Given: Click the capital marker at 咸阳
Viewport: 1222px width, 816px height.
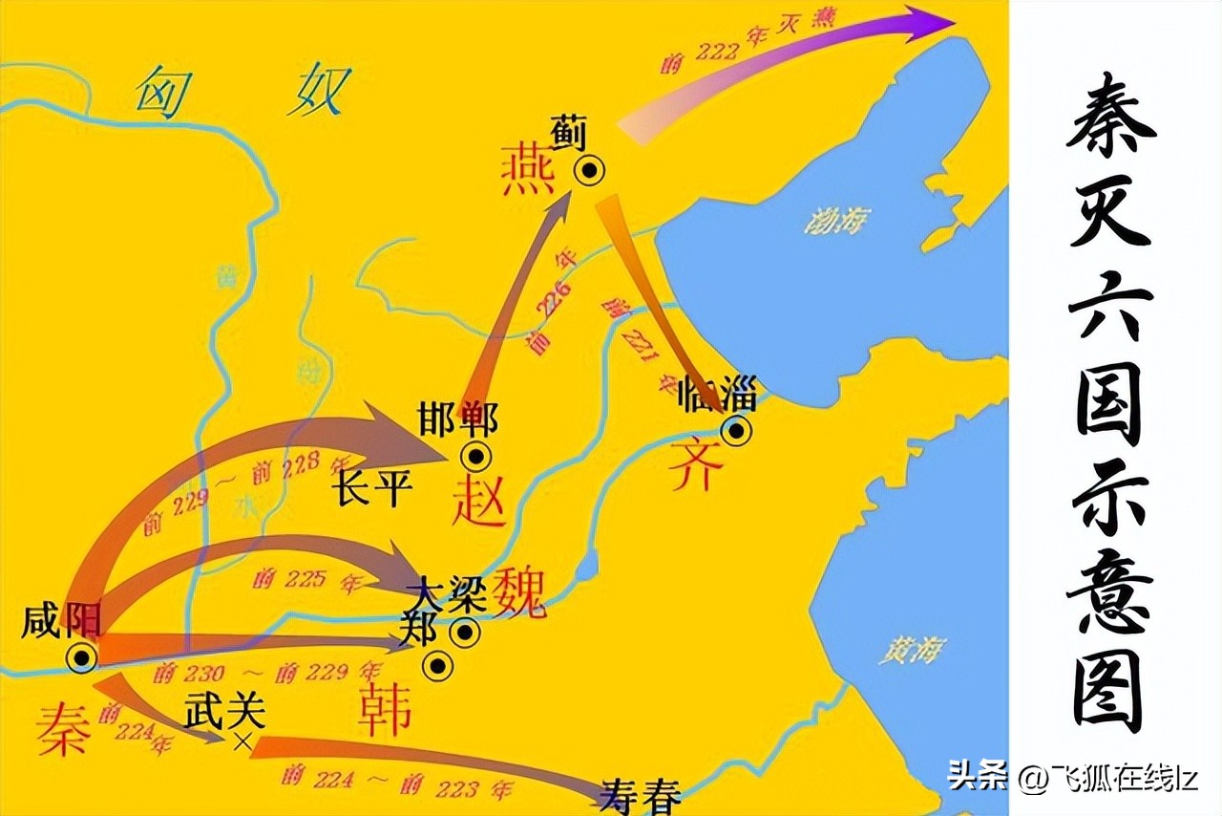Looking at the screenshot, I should click(81, 656).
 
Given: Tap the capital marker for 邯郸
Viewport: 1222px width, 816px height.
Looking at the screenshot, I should click(476, 457).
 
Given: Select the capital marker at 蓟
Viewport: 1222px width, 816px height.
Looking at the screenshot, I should click(589, 170).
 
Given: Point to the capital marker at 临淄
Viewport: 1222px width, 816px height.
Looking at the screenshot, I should click(735, 430).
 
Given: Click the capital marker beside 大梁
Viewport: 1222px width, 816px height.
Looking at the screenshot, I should click(465, 632).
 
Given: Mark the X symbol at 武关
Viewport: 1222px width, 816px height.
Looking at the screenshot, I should click(242, 742).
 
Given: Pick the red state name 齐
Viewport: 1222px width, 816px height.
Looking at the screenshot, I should click(694, 467).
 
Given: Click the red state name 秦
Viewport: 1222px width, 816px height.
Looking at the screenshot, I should click(64, 730).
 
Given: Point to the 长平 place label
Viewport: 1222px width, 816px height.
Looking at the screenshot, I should click(372, 488).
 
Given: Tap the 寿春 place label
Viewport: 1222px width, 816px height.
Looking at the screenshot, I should click(641, 797).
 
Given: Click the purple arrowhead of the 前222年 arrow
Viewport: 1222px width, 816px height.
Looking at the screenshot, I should click(931, 22).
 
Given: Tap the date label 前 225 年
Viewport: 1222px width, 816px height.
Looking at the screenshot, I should click(295, 578).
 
